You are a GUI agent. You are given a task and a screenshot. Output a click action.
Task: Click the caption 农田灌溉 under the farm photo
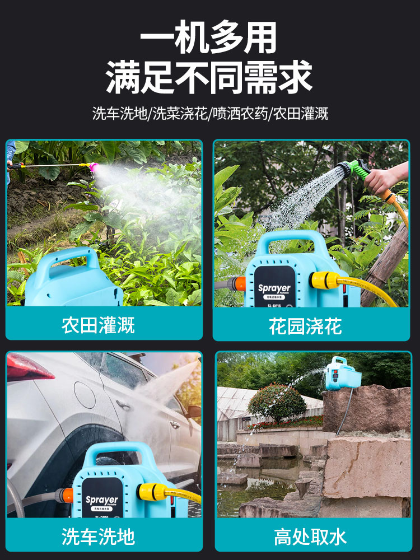(98, 325)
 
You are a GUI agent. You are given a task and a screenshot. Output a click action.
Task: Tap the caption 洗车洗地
(98, 537)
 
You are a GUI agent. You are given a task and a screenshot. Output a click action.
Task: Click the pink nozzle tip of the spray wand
(94, 167)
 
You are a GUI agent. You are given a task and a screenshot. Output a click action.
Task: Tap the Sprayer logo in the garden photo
(274, 289)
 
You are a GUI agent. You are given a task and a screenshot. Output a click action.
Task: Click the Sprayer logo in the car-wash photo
(102, 500)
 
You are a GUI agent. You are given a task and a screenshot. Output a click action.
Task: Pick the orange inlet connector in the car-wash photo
(67, 495)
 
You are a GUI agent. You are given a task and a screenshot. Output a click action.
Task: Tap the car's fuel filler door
(85, 395)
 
